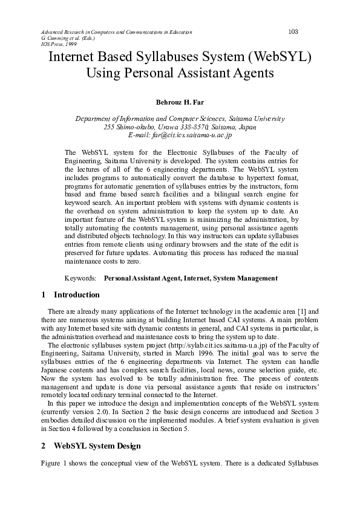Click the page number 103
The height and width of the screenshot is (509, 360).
(x=293, y=31)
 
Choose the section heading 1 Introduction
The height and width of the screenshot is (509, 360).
(x=71, y=295)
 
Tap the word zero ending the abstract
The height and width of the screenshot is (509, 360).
(x=133, y=262)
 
